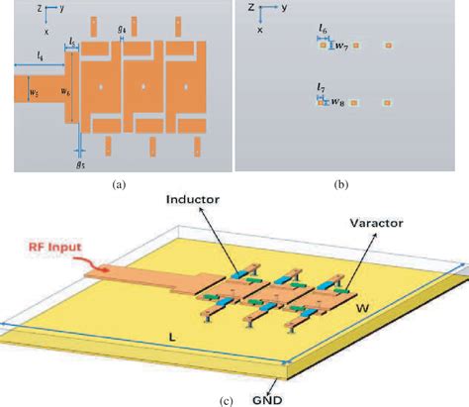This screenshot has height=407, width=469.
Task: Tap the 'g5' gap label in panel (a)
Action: [x=80, y=164]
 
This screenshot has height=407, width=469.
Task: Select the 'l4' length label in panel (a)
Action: [x=40, y=55]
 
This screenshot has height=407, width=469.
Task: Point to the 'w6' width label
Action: [x=65, y=93]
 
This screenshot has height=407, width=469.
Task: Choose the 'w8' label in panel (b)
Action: [x=337, y=102]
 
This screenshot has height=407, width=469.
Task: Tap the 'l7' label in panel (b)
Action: [x=322, y=89]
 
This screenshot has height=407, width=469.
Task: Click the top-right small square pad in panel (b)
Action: [x=389, y=46]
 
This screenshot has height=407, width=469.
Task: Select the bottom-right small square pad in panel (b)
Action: [x=389, y=102]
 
